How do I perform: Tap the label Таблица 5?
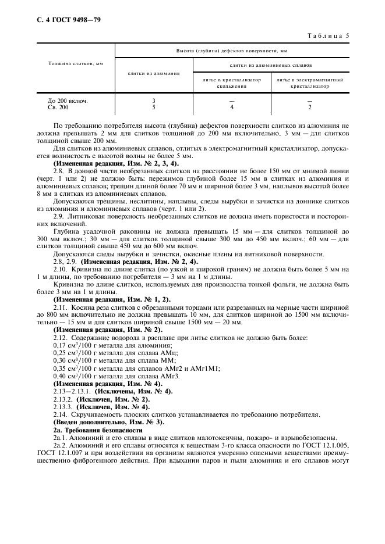pyautogui.click(x=327, y=35)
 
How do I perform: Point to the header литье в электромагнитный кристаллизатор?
pyautogui.click(x=309, y=83)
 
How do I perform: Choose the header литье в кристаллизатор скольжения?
pyautogui.click(x=232, y=83)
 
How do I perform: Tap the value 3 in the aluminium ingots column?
pyautogui.click(x=153, y=101)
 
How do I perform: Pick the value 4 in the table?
pyautogui.click(x=232, y=107)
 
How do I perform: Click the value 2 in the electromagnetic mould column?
pyautogui.click(x=309, y=107)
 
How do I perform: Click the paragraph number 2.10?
pyautogui.click(x=60, y=269)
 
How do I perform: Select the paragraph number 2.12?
pyautogui.click(x=60, y=338)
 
